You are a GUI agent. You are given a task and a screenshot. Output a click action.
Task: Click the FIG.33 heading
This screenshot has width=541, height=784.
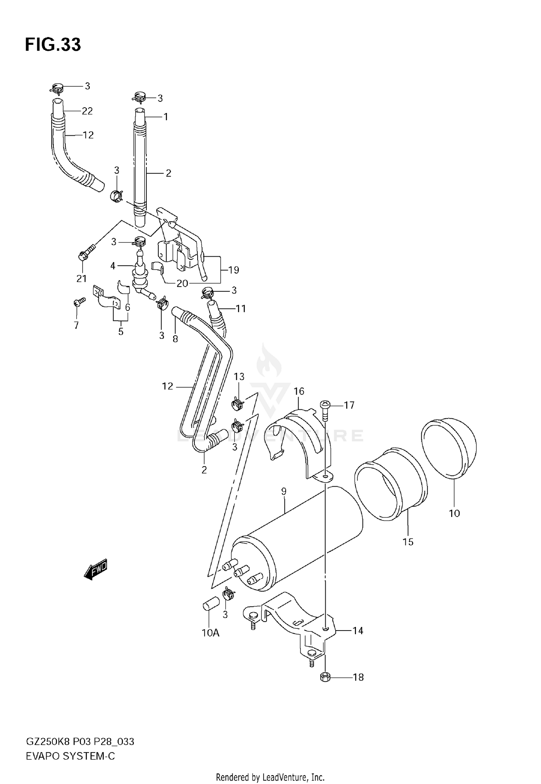tap(53, 45)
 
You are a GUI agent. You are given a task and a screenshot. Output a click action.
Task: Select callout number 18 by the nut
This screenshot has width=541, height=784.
tap(358, 677)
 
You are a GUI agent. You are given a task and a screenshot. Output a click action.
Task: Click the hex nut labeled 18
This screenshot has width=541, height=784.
tap(325, 676)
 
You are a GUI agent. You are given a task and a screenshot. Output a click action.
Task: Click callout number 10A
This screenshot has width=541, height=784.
tap(211, 633)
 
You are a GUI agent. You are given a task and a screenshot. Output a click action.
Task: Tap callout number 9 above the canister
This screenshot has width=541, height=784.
tap(283, 491)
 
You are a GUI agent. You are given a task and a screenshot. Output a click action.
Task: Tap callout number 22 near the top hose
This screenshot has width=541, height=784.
tap(87, 111)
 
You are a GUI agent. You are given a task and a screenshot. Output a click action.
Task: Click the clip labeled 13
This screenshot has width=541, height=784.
tap(237, 404)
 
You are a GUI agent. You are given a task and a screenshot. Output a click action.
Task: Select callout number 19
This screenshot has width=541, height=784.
tap(234, 270)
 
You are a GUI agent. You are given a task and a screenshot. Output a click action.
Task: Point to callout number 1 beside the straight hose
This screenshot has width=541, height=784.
tap(166, 117)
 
